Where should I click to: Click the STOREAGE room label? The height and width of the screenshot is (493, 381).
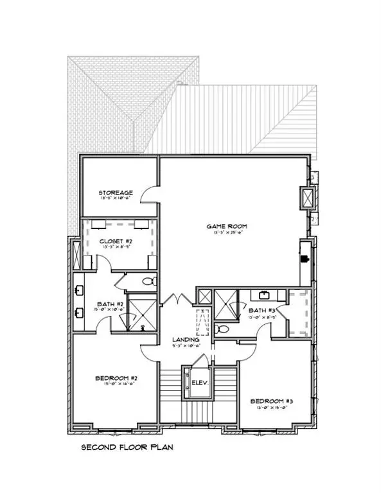pos(116,192)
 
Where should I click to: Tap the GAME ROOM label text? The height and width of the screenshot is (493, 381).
pos(227,226)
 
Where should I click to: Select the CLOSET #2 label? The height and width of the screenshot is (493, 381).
pos(116,242)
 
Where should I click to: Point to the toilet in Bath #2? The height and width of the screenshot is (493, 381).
pos(148,281)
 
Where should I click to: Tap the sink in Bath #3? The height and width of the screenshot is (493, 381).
pos(265,295)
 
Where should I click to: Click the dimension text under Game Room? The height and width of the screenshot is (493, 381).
pos(227,233)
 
